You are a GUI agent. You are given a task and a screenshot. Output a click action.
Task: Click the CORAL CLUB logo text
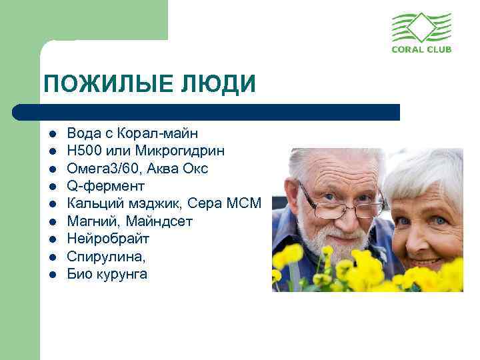click(421, 50)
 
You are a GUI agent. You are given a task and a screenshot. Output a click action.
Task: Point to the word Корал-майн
click(162, 133)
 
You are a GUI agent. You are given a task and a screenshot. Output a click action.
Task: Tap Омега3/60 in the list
click(99, 169)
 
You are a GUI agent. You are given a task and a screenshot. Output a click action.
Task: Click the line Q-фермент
click(105, 186)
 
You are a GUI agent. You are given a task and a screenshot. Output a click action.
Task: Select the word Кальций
click(93, 203)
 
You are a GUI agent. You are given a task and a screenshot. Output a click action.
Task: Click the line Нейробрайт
click(108, 239)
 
